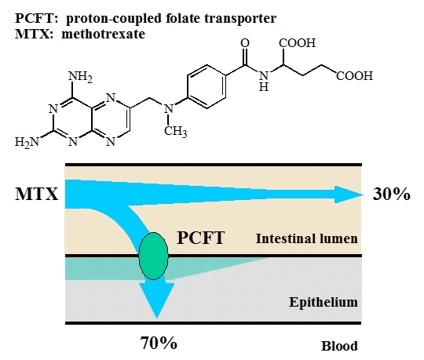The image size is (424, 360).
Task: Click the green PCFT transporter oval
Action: [x=153, y=256]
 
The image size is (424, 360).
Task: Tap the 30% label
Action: [x=391, y=195]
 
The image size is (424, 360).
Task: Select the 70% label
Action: [x=159, y=343]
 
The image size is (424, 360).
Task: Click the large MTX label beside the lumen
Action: [x=36, y=194]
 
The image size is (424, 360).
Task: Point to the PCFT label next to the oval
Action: [x=201, y=238]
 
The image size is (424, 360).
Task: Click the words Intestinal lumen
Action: [x=307, y=238]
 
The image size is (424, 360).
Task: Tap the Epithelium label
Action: [x=323, y=302]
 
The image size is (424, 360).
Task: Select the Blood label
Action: [x=339, y=346]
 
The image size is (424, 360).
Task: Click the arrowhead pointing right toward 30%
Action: [x=349, y=195]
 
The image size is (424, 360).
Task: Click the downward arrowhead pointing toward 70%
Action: [x=156, y=300]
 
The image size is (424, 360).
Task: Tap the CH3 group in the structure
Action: [x=175, y=132]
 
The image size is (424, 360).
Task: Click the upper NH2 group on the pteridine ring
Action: [x=80, y=77]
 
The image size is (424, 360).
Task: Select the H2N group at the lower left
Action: [x=27, y=142]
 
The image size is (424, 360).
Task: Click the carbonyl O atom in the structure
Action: [x=245, y=43]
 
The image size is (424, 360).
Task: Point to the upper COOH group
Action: [x=297, y=43]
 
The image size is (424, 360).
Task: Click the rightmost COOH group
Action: [x=354, y=76]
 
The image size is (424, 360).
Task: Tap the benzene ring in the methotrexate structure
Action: [x=207, y=86]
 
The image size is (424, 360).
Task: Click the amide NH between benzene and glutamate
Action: [x=264, y=81]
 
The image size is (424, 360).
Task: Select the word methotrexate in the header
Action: [x=104, y=35]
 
